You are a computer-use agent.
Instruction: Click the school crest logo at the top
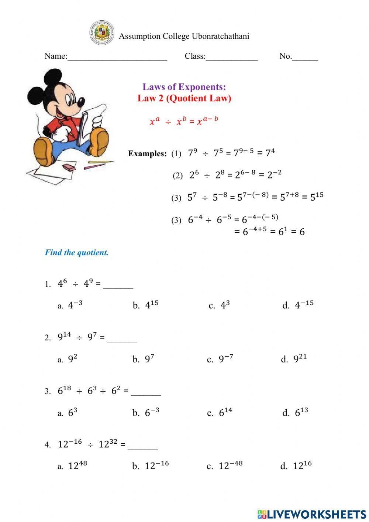click(101, 33)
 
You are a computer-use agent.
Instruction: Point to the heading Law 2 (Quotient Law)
click(184, 98)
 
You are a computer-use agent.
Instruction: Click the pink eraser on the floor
click(69, 167)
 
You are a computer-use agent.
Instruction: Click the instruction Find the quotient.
click(77, 253)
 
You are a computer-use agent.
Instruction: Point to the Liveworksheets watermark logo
click(312, 514)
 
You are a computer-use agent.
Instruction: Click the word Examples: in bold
click(147, 154)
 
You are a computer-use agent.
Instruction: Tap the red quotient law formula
click(184, 121)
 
